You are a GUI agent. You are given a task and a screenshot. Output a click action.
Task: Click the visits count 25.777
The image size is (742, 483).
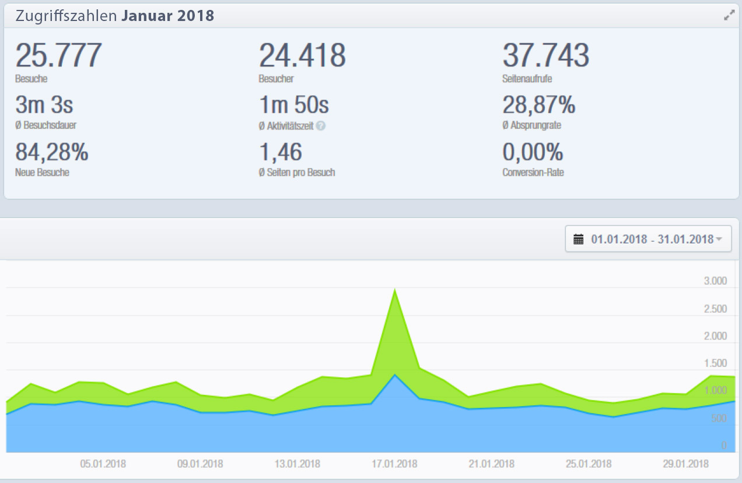pyautogui.click(x=58, y=56)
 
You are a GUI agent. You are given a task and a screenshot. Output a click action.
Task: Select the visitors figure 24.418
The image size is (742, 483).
pyautogui.click(x=302, y=56)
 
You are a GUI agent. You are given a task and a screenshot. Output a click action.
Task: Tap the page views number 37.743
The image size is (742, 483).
pyautogui.click(x=545, y=56)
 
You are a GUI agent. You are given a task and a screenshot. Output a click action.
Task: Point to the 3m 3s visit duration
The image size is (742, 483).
pyautogui.click(x=44, y=106)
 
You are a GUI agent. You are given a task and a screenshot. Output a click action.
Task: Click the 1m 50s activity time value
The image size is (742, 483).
pyautogui.click(x=294, y=106)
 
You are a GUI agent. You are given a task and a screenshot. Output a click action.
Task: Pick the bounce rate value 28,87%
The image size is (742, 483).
pyautogui.click(x=539, y=106)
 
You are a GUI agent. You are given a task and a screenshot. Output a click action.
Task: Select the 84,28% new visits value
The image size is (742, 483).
pyautogui.click(x=52, y=153)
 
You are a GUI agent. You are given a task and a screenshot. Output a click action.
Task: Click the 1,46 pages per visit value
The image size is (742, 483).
pyautogui.click(x=281, y=153)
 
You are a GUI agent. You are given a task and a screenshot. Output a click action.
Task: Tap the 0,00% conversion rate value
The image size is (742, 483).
pyautogui.click(x=533, y=153)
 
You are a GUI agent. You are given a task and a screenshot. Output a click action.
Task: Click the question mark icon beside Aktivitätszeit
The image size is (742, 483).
pyautogui.click(x=321, y=125)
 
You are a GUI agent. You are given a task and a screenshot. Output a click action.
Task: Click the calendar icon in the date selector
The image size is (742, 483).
pyautogui.click(x=579, y=239)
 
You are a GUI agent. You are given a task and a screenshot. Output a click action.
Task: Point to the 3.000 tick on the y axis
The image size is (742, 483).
pyautogui.click(x=715, y=281)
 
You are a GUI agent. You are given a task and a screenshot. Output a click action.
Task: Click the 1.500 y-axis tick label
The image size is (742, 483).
pyautogui.click(x=715, y=363)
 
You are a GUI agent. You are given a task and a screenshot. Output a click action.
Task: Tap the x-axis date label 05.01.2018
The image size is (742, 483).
pyautogui.click(x=103, y=464)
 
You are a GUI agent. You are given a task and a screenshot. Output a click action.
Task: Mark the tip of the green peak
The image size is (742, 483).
pyautogui.click(x=395, y=289)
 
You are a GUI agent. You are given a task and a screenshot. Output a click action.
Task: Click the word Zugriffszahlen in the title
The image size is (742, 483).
pyautogui.click(x=66, y=16)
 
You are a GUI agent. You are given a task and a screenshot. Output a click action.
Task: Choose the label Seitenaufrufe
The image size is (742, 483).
pyautogui.click(x=527, y=78)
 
